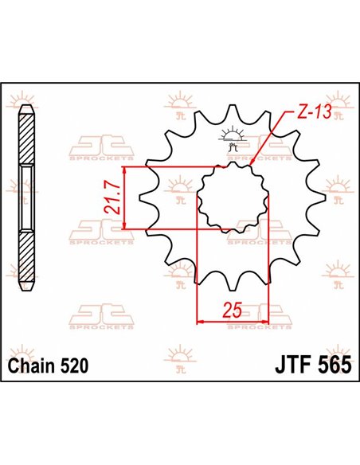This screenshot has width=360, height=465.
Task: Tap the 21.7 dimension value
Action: click(112, 199)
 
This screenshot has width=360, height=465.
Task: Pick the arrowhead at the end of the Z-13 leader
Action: click(252, 162)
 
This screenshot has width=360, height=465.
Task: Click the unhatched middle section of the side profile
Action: click(27, 199)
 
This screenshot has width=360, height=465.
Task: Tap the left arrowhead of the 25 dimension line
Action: click(200, 322)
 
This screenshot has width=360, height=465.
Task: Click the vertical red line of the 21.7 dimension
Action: click(125, 199)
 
